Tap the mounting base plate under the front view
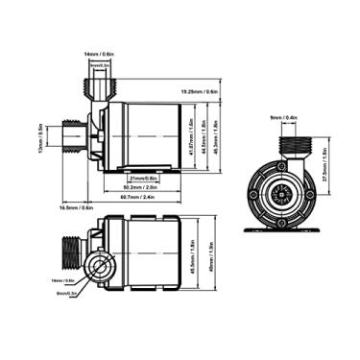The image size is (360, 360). point(284,231)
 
